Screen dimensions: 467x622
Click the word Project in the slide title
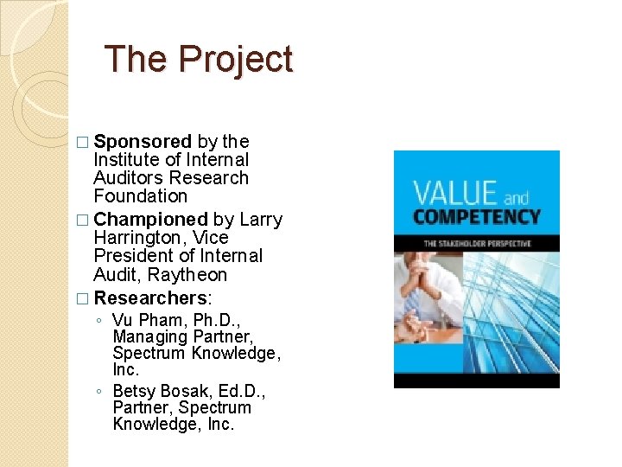(236, 60)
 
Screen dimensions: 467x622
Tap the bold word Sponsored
(143, 141)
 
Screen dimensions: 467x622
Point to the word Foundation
(140, 196)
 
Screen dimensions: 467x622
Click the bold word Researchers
(149, 297)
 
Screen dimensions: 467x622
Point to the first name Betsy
(134, 391)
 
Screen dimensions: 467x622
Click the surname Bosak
(184, 391)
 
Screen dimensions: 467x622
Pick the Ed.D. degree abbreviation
(240, 391)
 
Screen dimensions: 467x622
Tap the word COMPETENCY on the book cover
(476, 217)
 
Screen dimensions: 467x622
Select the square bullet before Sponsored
(82, 142)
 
